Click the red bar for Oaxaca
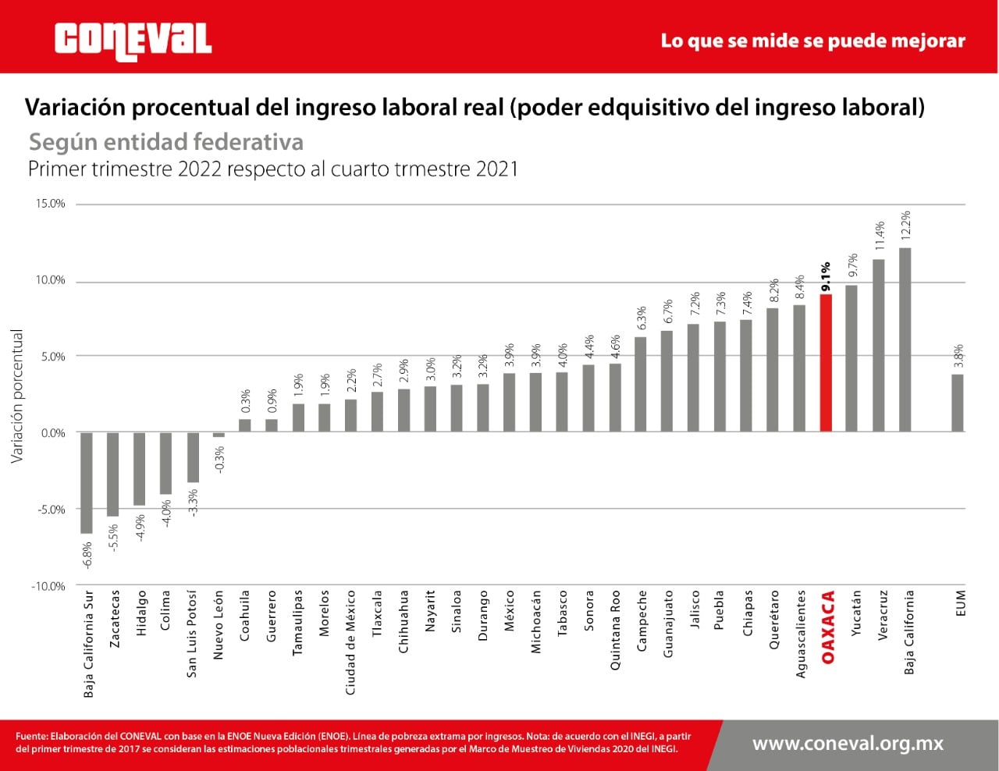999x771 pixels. pos(826,363)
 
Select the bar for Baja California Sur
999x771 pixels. pos(87,482)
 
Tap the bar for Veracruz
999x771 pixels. pos(878,346)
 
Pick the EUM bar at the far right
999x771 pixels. pos(957,403)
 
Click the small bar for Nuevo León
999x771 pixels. pos(219,435)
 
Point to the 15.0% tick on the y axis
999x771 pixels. pos(51,204)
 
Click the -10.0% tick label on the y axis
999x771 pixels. pos(49,586)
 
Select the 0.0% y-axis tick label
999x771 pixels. pos(52,433)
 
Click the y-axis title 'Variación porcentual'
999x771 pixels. pos(17,396)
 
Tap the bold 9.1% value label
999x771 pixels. pos(826,277)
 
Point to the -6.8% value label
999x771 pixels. pos(87,555)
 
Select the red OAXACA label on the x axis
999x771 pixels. pos(828,627)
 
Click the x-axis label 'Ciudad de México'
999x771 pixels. pos(350,642)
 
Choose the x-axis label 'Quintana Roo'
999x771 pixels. pos(615,631)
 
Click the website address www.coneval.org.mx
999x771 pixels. pos(848,744)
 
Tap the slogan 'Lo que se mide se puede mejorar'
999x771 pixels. pos(812,41)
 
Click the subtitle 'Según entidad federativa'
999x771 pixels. pos(166,142)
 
